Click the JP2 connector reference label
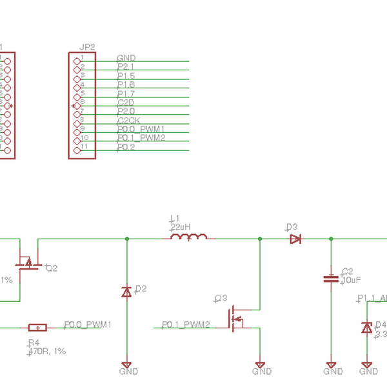[x=86, y=47]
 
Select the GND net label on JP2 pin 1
[x=126, y=58]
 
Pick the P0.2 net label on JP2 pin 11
[x=126, y=148]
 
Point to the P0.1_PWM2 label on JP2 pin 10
[x=142, y=138]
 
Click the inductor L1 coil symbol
[x=188, y=238]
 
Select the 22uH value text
[x=180, y=228]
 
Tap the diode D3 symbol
[x=295, y=239]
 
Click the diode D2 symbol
[x=126, y=292]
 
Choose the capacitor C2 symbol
[x=331, y=279]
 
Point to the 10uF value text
[x=351, y=281]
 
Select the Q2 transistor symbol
[x=27, y=262]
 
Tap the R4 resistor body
[x=38, y=328]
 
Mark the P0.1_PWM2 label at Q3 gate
[x=186, y=324]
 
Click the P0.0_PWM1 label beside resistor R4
[x=88, y=324]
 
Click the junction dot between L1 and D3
[x=260, y=239]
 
